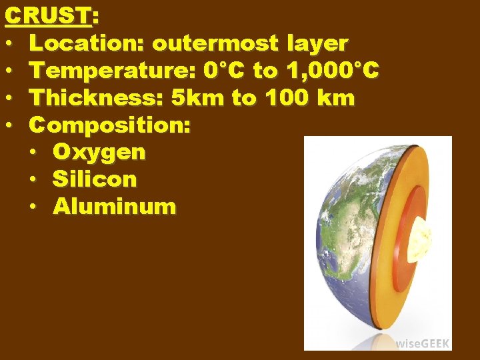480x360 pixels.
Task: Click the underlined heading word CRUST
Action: click(47, 15)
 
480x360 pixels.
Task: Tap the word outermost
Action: click(215, 43)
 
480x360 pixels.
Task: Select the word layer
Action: click(317, 44)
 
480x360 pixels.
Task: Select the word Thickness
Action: click(95, 98)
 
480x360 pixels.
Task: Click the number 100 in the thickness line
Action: click(286, 98)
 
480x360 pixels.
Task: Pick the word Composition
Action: click(110, 125)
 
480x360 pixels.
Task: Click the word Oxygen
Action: click(99, 153)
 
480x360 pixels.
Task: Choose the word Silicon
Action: click(95, 179)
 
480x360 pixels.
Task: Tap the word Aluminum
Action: click(115, 207)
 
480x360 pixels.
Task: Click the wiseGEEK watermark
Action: click(423, 343)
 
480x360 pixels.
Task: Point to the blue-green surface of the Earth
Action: click(347, 247)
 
